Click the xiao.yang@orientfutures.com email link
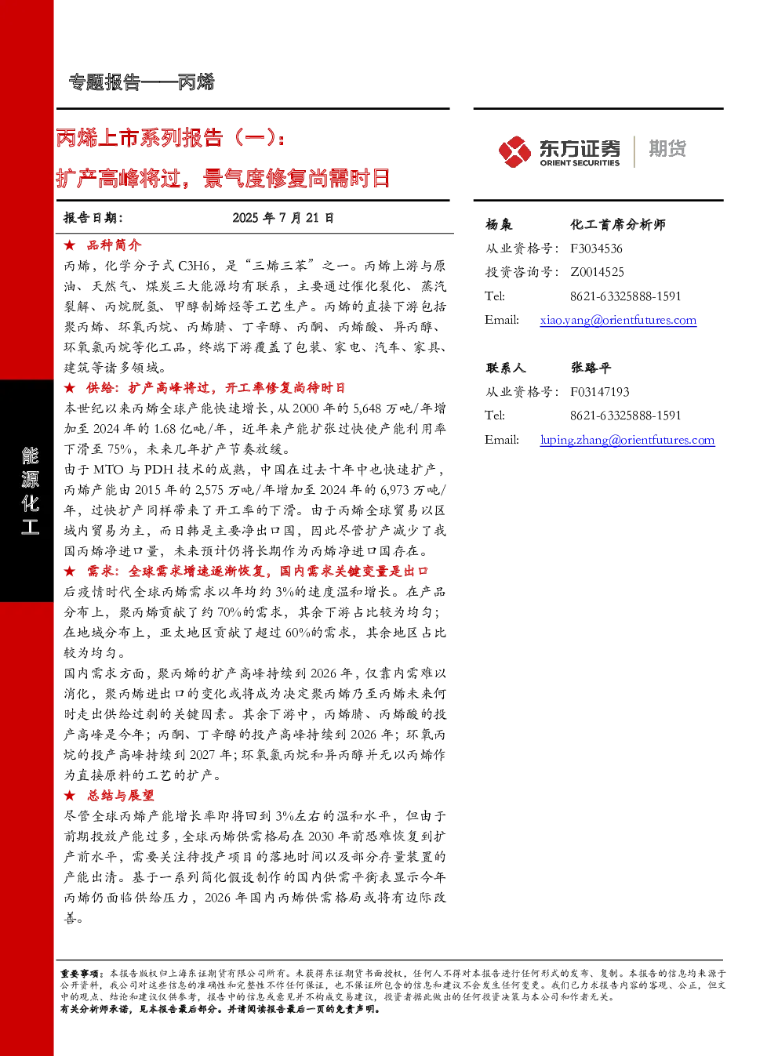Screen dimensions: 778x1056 point(618,320)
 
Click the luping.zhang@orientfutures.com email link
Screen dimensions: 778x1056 point(627,440)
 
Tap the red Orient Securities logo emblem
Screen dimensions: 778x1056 point(515,151)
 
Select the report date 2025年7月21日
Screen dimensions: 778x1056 point(283,218)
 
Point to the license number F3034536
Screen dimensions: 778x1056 point(596,249)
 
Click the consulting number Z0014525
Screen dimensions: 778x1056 point(597,272)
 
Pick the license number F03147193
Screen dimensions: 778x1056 point(600,392)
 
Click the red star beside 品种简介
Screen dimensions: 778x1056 point(70,245)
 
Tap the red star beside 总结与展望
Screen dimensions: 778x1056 point(70,796)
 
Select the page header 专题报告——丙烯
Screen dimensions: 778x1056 point(141,82)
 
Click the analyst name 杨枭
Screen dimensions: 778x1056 point(499,224)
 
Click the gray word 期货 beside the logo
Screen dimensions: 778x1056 point(667,148)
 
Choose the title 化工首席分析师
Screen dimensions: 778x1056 point(618,224)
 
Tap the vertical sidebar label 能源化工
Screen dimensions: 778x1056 point(30,491)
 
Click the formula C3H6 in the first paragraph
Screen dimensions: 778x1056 point(193,266)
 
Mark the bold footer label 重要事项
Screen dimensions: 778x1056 point(78,974)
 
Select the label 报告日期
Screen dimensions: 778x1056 point(93,218)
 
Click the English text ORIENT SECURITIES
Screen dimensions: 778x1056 point(580,163)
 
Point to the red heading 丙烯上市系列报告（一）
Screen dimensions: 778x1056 point(169,138)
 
